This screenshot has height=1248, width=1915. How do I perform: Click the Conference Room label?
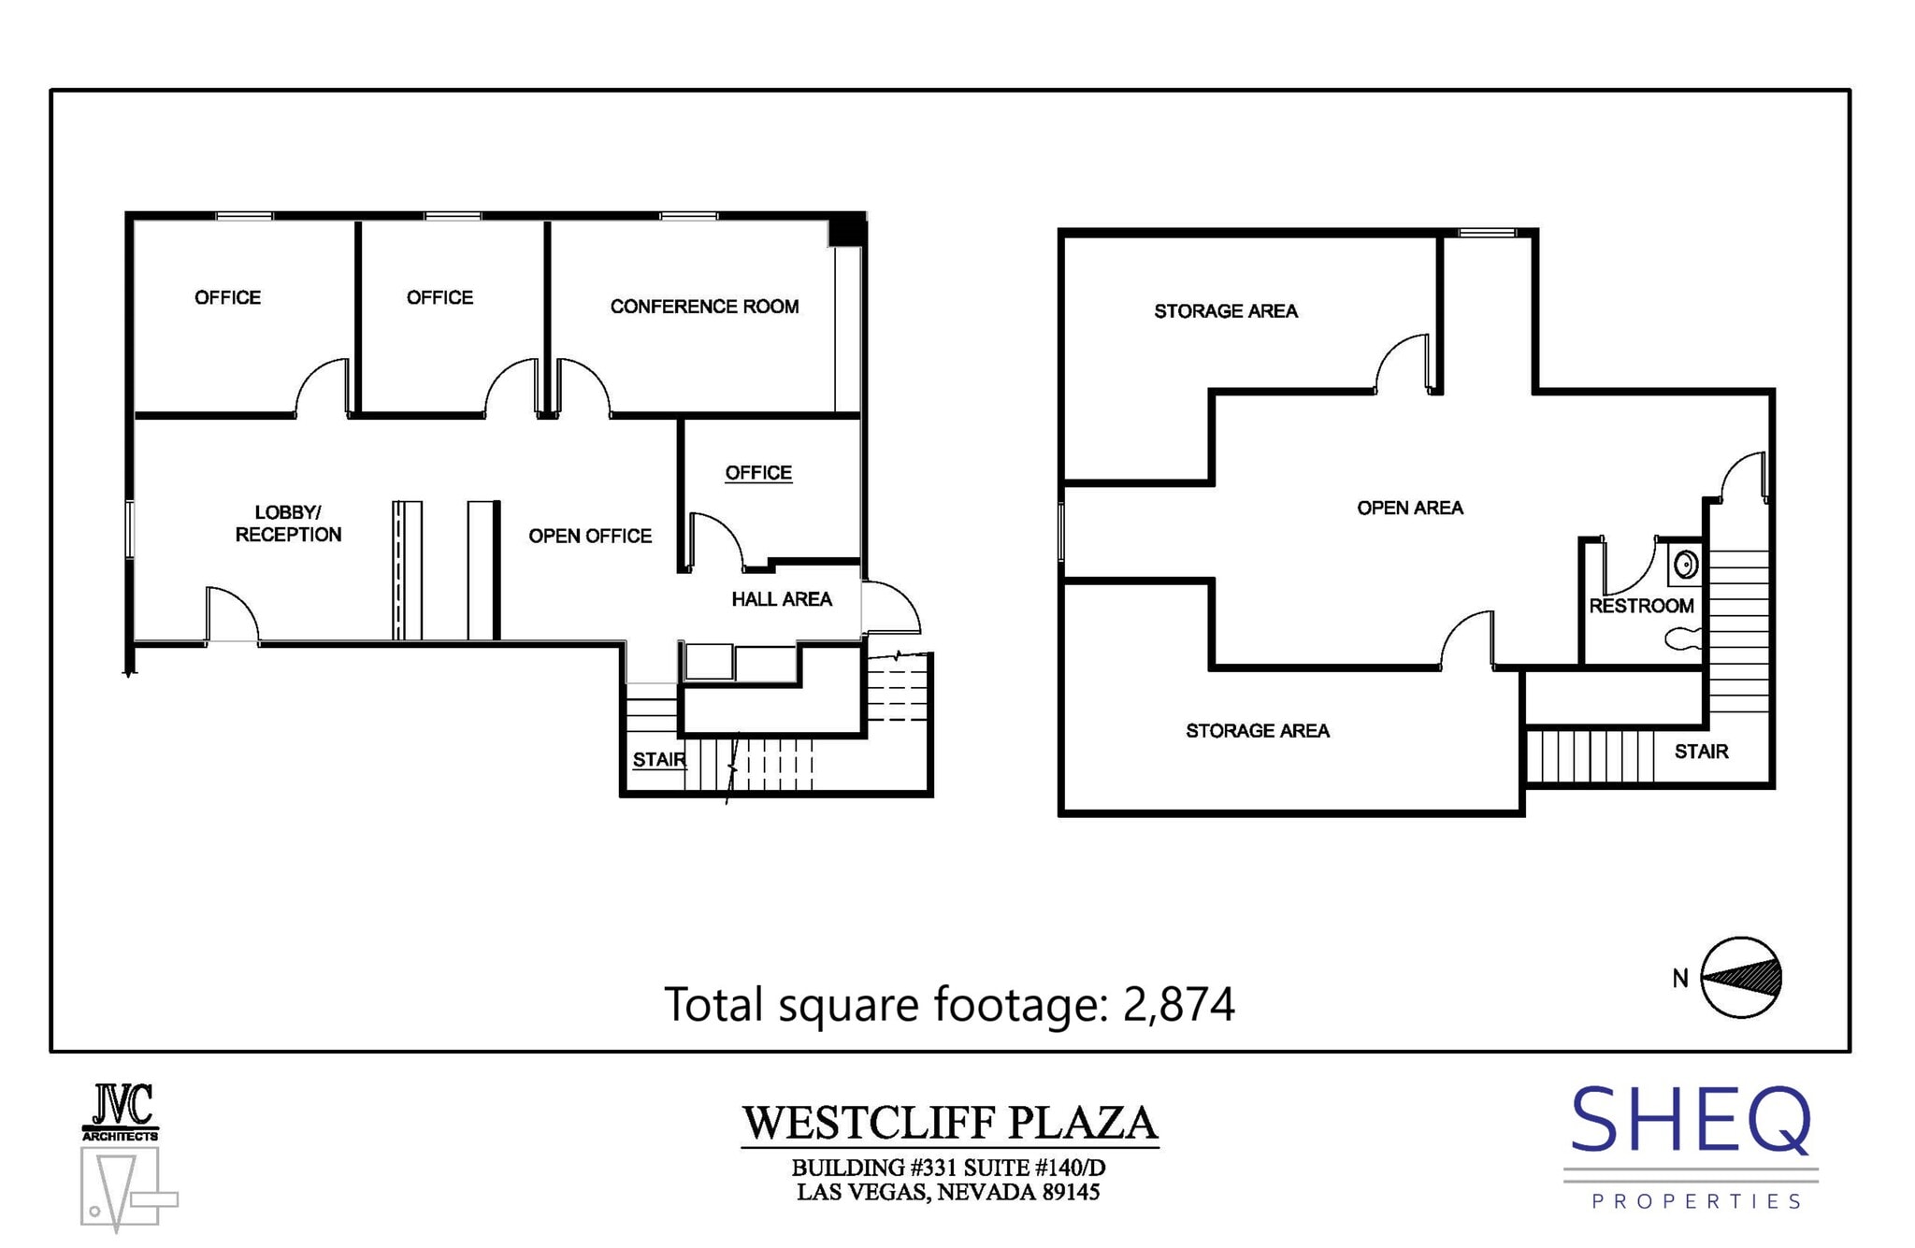704,307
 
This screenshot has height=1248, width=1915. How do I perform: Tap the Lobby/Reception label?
288,524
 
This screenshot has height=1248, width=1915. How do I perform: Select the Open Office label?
590,536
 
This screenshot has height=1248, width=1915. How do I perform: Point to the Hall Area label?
782,599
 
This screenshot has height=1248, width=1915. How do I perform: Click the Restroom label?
1641,606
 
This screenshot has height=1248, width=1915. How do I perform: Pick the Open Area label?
1410,508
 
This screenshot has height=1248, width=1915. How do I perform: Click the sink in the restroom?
1685,565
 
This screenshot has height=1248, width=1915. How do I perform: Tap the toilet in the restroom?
1682,638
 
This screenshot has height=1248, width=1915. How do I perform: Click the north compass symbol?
1740,978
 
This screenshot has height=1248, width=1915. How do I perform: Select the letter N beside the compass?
1680,979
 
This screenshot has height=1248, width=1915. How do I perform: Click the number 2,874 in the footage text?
1178,1004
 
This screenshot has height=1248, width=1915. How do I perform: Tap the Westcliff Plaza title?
950,1123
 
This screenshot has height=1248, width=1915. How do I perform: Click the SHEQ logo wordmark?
1691,1121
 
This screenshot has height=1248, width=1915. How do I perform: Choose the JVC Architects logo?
121,1112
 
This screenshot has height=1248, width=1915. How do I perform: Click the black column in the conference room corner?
847,230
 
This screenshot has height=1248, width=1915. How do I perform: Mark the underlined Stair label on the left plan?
658,760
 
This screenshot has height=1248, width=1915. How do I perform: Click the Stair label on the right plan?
1701,752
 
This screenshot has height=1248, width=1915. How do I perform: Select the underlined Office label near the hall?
758,473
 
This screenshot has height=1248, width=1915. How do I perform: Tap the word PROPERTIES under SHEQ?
1696,1201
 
